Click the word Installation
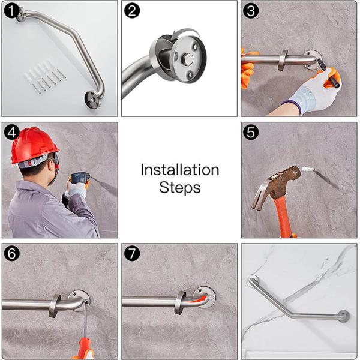pos(180,170)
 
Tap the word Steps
pos(180,188)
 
